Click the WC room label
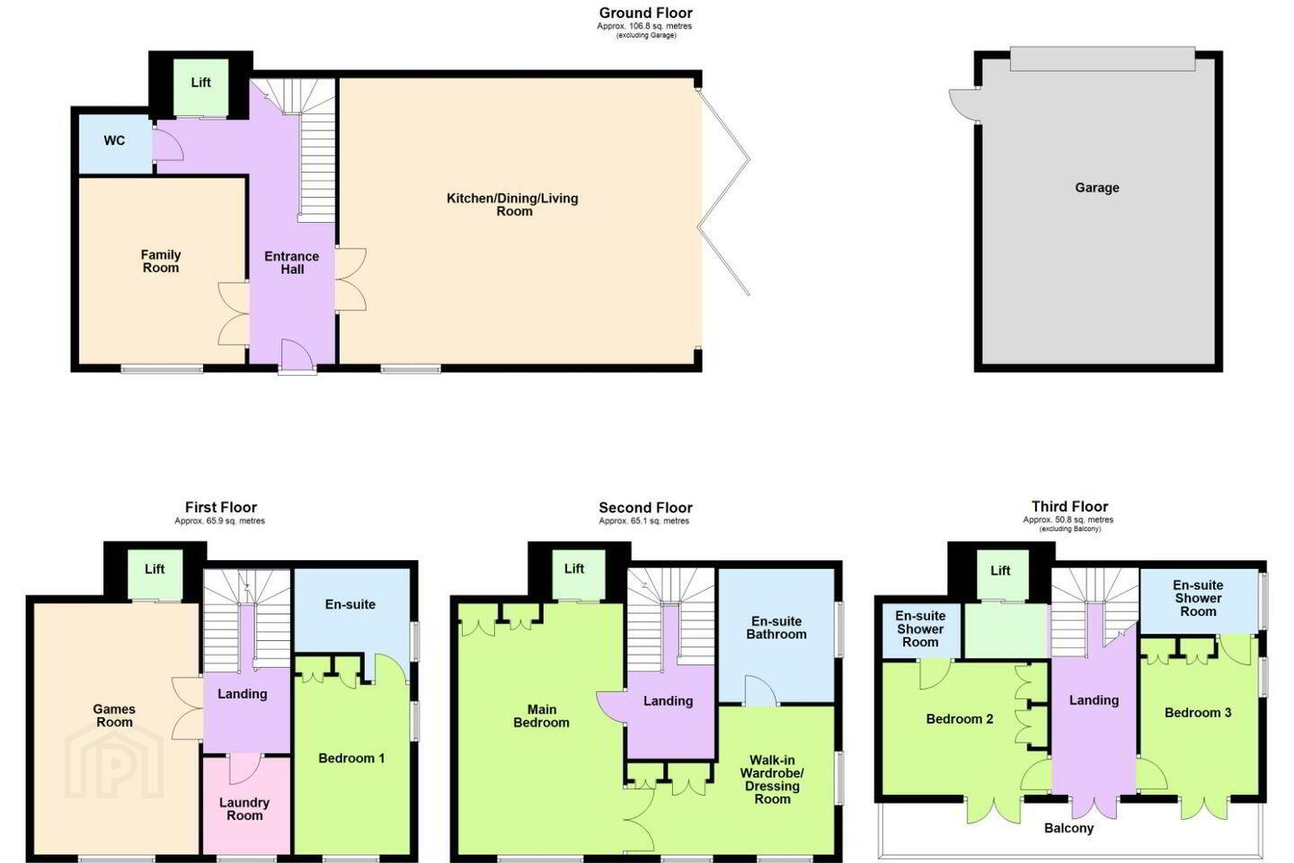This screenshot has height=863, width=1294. [x=114, y=140]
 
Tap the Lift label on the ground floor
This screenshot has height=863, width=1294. [x=201, y=83]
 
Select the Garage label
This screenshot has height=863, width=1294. [x=1097, y=188]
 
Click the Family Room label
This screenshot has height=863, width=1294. [x=161, y=262]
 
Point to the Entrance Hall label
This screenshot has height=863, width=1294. [x=292, y=263]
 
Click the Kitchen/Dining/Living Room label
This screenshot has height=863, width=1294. [x=512, y=205]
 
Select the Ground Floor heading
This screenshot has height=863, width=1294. [x=645, y=13]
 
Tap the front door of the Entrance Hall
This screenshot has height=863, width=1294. [x=297, y=355]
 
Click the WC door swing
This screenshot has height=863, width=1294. [x=168, y=144]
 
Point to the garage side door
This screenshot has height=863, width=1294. [x=963, y=104]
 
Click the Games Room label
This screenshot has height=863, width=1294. [x=114, y=716]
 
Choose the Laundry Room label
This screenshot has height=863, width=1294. [x=244, y=809]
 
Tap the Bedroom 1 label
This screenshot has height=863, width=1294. [x=351, y=758]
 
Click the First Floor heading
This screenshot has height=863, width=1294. [x=221, y=508]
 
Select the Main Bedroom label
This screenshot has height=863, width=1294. [x=541, y=716]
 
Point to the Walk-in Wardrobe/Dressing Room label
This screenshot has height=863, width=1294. [x=773, y=779]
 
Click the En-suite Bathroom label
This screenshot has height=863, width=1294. [x=776, y=627]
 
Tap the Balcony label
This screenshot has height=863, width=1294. [x=1068, y=828]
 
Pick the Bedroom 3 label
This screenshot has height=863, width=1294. [x=1198, y=713]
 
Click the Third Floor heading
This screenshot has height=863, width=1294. [x=1070, y=507]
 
